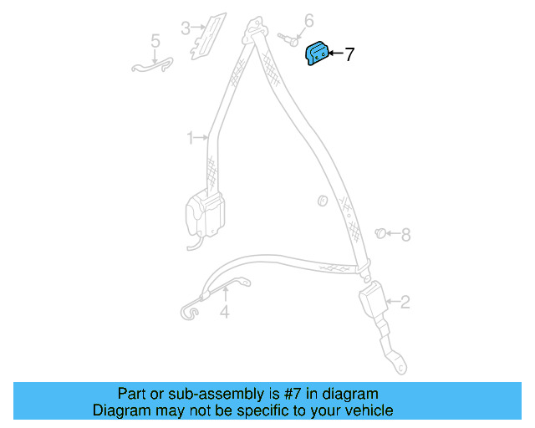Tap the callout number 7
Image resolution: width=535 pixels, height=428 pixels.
(349, 55)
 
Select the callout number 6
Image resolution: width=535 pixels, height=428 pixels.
(308, 20)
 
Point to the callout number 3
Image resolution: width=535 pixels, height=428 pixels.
(185, 28)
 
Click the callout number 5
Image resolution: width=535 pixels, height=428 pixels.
(155, 40)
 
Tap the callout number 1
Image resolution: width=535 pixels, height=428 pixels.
(190, 136)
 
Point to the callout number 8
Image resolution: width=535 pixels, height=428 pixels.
(406, 235)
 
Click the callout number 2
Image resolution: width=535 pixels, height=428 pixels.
(405, 302)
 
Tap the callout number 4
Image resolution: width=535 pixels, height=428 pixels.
(224, 313)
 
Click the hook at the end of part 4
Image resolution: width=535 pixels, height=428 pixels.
(190, 311)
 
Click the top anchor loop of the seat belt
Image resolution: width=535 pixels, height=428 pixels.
(252, 33)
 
